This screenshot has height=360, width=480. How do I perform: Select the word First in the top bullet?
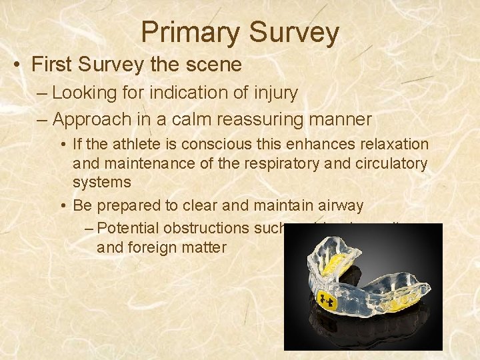click(53, 65)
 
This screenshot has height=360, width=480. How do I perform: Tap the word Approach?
click(90, 119)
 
